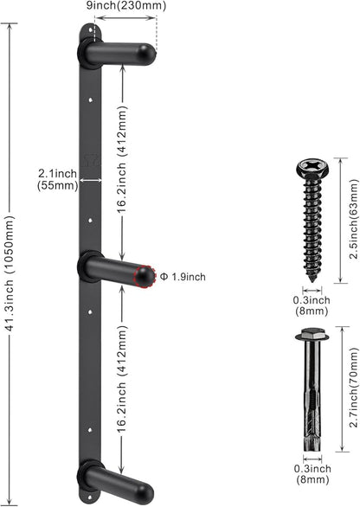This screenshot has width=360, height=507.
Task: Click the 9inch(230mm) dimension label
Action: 126,5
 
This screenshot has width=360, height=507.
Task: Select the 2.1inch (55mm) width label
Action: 58,180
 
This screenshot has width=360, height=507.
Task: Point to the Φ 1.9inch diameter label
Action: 183,277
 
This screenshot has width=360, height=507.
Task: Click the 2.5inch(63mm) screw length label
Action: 354,221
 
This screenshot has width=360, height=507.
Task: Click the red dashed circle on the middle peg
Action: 145,277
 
